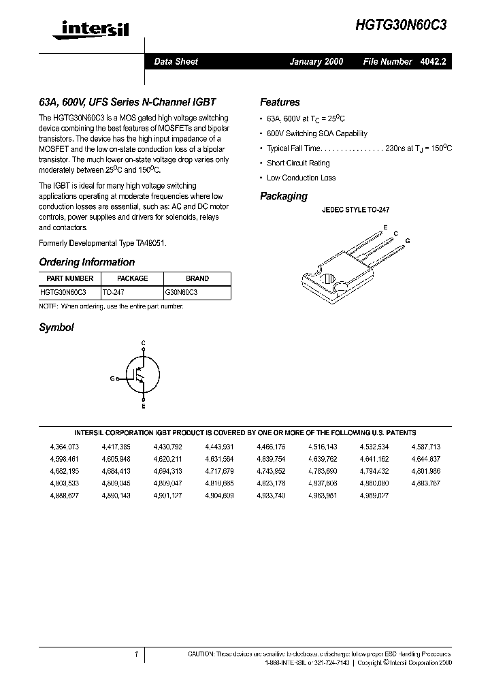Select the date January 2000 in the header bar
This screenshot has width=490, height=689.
click(316, 61)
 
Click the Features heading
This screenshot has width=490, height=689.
click(280, 102)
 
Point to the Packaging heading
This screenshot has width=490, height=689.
click(284, 196)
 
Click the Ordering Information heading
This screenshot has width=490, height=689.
click(86, 262)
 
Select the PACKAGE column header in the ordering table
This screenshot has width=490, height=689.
click(132, 278)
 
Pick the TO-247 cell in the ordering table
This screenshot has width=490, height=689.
click(114, 291)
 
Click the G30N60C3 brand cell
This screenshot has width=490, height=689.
click(182, 291)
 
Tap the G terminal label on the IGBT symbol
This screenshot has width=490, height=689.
click(112, 378)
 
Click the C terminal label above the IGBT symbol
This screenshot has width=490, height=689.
click(143, 342)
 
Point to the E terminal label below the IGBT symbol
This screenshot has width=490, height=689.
click(143, 406)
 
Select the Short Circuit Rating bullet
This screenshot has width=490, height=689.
click(298, 163)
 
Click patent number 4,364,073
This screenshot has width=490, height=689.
click(65, 447)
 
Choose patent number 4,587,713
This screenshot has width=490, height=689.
click(426, 447)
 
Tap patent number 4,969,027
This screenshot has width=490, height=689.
click(374, 495)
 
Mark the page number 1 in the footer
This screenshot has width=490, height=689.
click(137, 654)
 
